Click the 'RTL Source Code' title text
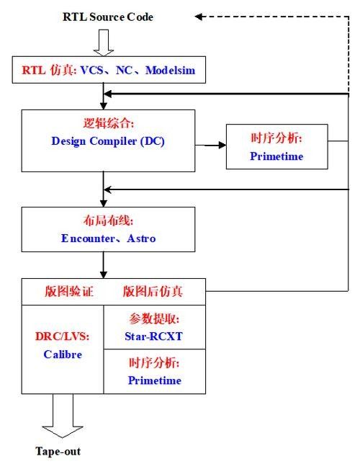point(108,17)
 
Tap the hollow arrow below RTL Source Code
point(104,43)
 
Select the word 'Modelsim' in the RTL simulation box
point(171,71)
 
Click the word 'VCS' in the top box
point(92,71)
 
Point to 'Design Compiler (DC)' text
point(108,141)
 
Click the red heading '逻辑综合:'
point(108,123)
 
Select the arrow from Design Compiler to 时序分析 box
point(210,146)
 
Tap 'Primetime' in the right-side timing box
point(276,156)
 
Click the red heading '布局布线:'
point(108,220)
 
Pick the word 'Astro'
point(141,238)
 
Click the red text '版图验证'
point(69,291)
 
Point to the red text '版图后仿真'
point(153,291)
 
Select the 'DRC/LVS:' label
point(62,336)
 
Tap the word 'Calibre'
point(63,354)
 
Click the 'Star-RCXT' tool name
point(153,336)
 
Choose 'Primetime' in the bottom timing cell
point(155,380)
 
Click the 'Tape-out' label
point(58,452)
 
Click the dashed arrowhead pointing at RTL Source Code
point(199,17)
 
